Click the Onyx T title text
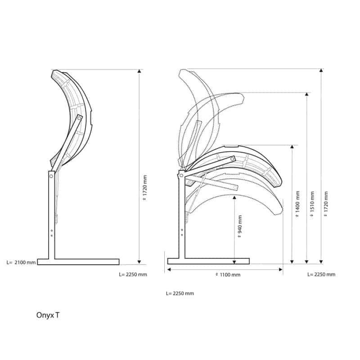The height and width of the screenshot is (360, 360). pos(48,315)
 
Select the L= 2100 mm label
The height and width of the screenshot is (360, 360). pos(21,262)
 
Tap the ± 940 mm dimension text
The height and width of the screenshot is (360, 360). pos(240,226)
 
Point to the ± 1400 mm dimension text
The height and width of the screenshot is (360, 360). pos(297,204)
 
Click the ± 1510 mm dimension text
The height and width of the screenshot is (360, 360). pos(312,204)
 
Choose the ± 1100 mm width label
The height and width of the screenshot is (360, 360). pos(228,274)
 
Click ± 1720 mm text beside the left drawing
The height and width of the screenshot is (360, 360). pos(144,188)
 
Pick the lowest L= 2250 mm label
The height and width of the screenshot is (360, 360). pos(180,293)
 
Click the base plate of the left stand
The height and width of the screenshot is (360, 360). pos(78,262)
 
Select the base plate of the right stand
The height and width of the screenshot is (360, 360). pos(208,261)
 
